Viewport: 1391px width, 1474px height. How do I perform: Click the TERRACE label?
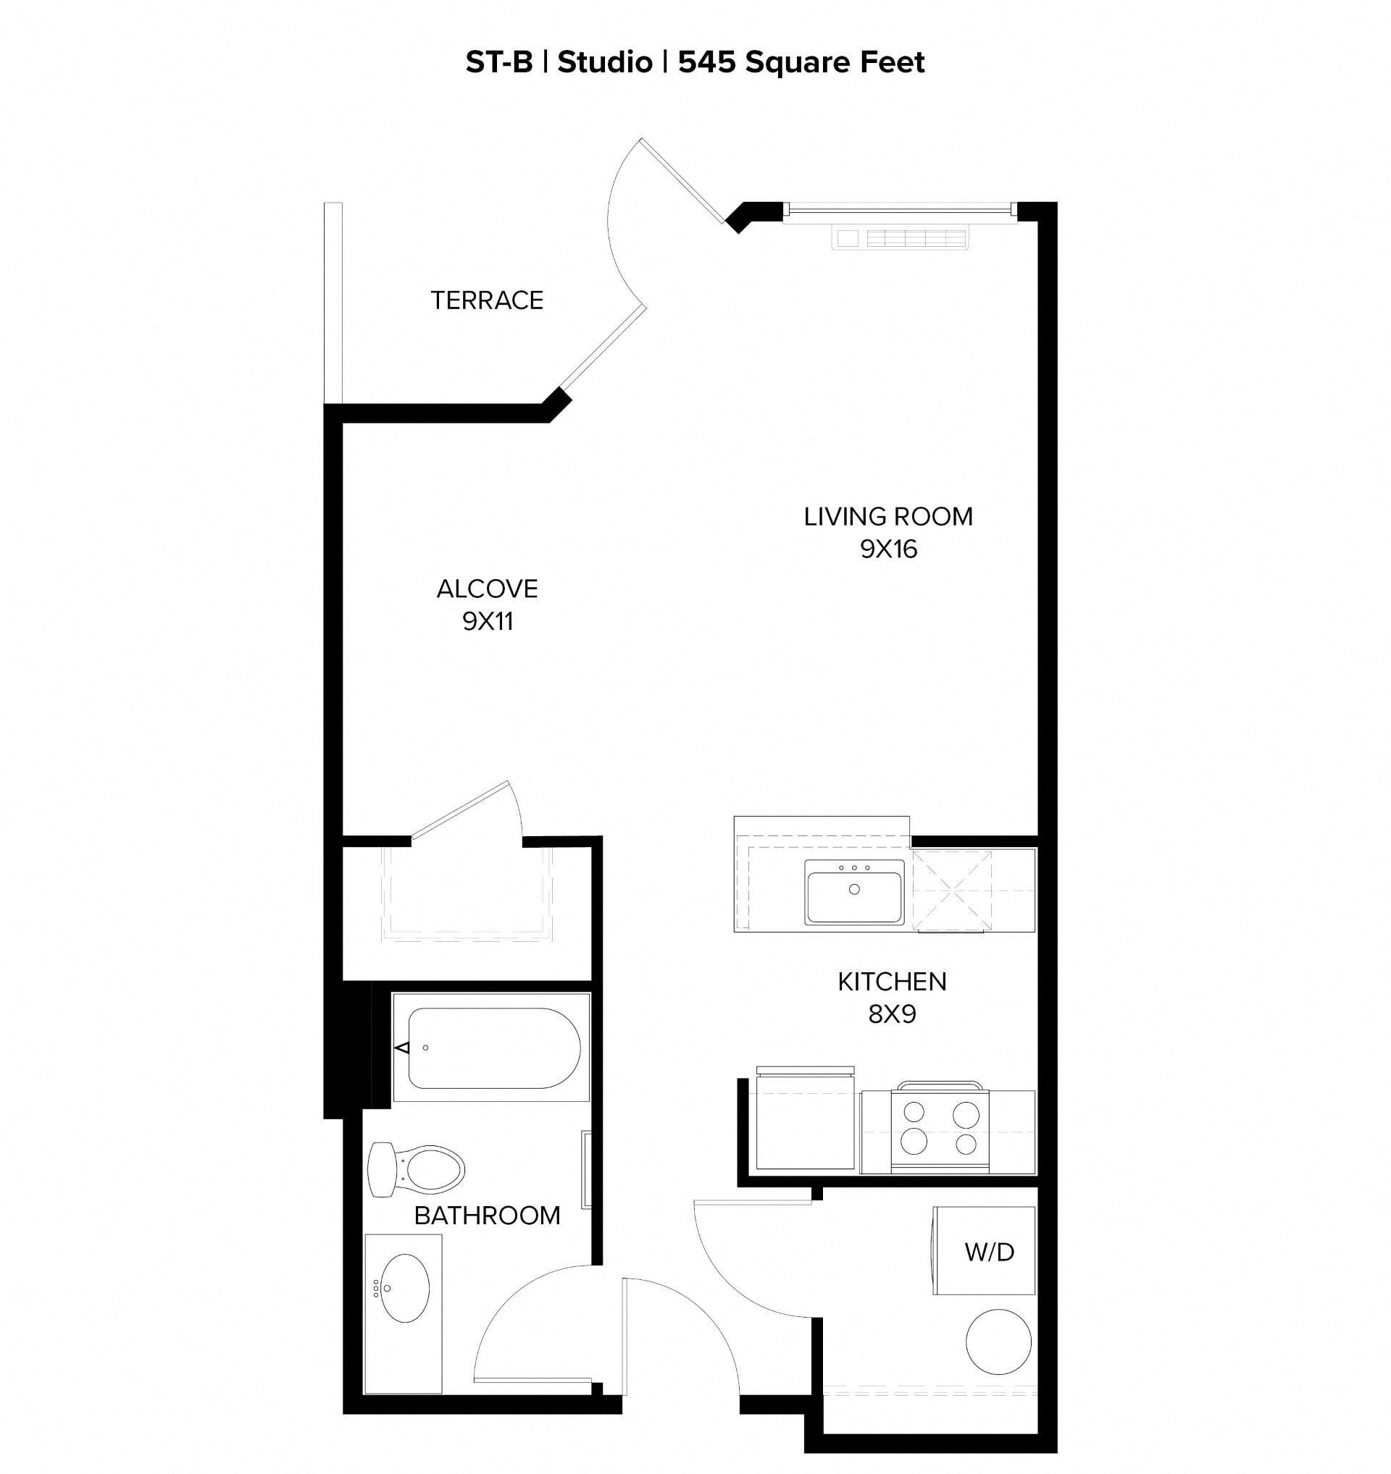pos(487,300)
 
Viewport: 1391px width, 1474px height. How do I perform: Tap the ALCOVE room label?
pos(487,589)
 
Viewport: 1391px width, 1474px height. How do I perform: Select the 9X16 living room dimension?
pos(888,549)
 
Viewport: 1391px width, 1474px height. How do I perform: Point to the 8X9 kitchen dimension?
pos(892,1014)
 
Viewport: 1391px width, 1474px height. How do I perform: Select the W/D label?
pos(989,1252)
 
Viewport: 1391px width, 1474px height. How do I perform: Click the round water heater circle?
pos(998,1342)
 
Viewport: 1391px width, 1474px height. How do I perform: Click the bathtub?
pos(493,1048)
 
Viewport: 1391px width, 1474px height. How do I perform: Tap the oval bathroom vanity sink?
pos(405,1289)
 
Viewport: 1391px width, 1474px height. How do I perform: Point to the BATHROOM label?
pos(487,1216)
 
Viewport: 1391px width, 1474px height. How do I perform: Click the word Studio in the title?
pos(604,62)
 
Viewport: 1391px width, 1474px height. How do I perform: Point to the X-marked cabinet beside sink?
pos(952,890)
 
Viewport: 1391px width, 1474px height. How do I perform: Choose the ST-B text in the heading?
pos(498,62)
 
